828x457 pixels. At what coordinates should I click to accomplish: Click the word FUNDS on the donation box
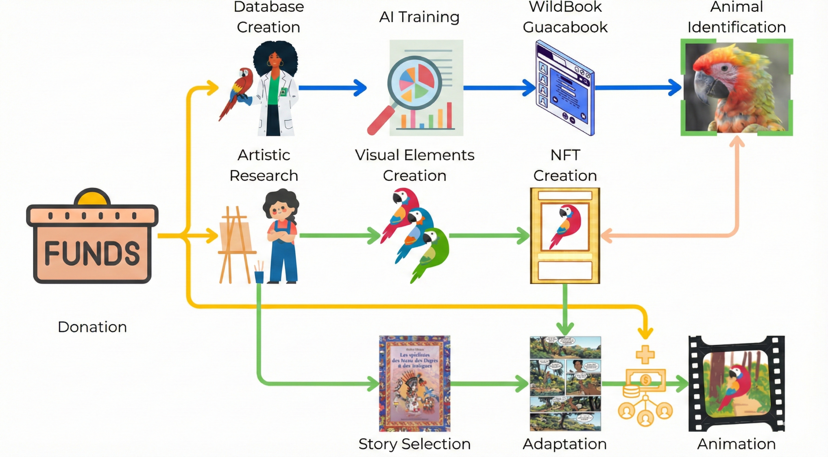click(92, 253)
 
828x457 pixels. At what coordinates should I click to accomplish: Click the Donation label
click(92, 327)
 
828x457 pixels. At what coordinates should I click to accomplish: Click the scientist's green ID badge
click(283, 92)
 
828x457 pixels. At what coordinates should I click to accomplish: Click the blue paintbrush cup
click(259, 276)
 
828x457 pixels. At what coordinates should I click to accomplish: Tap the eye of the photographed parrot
click(724, 68)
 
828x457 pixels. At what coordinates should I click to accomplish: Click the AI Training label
click(419, 17)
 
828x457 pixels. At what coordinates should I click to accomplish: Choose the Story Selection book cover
click(415, 383)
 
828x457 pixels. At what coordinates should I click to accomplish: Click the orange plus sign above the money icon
click(645, 354)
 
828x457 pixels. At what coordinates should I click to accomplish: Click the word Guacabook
click(565, 27)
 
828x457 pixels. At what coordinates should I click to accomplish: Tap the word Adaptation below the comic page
click(565, 444)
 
